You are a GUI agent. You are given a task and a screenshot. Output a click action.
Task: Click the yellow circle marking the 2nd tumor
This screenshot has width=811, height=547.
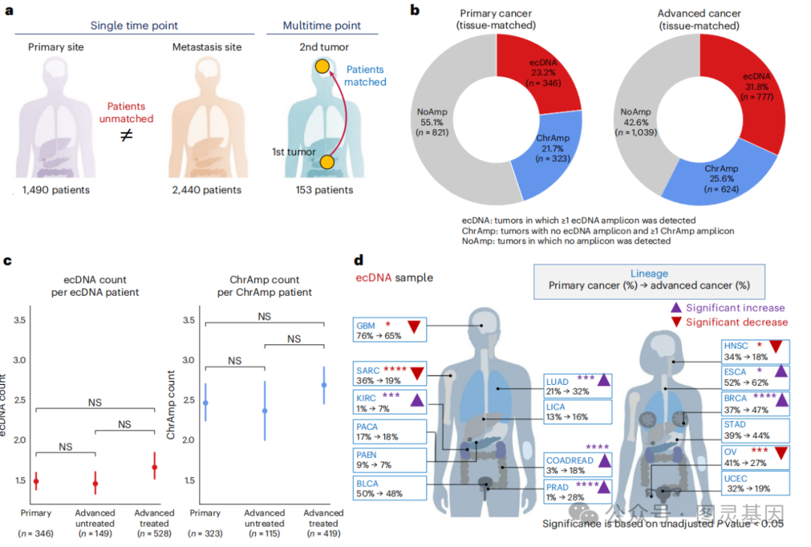coord(321,67)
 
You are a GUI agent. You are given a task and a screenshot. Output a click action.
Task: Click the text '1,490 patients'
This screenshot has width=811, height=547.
coord(56,190)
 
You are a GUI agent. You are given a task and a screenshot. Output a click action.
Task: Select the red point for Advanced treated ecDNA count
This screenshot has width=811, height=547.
coord(154,467)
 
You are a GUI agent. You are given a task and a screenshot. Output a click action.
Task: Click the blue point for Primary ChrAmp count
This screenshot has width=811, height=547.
coord(205,403)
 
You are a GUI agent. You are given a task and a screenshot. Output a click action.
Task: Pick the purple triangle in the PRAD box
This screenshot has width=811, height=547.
coord(603,488)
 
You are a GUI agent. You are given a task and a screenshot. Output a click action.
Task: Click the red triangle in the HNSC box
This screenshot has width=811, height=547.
coord(776,347)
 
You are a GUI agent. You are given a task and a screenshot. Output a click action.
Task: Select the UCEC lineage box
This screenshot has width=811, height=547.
coord(755,482)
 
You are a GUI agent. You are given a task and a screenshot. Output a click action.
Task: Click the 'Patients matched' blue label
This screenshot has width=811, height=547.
coord(366,75)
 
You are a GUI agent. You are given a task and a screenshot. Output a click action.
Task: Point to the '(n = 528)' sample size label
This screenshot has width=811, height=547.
coord(154,533)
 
